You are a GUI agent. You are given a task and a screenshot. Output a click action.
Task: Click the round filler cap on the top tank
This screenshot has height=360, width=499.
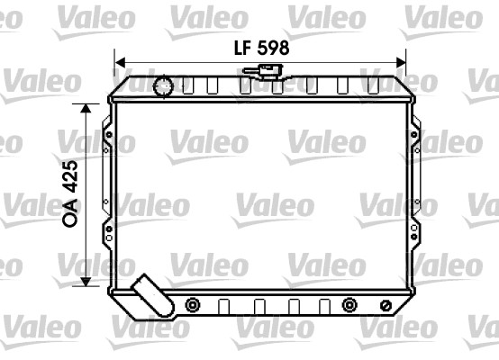tap(165, 86)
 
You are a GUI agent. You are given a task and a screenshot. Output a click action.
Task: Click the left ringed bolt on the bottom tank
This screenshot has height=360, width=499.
tap(192, 306)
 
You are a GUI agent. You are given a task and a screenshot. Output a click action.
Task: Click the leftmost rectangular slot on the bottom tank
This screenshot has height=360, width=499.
tap(222, 306)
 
